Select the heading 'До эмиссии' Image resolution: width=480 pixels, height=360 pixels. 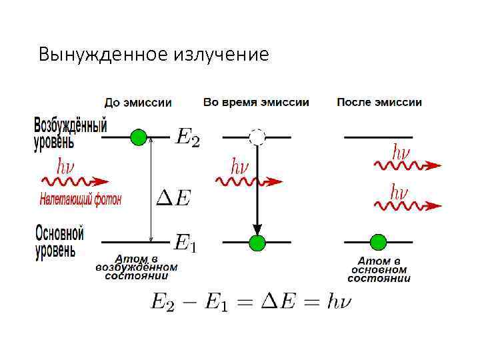(138, 103)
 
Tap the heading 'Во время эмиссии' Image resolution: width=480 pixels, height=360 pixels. (256, 103)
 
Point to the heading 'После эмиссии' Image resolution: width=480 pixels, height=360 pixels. (379, 103)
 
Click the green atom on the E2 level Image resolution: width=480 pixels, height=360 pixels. (138, 137)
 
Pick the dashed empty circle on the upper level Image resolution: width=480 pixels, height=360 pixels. (257, 137)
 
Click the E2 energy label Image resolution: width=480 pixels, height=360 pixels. (187, 138)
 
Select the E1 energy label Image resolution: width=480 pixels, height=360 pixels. (185, 242)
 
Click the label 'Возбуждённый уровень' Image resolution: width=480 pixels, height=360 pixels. (70, 133)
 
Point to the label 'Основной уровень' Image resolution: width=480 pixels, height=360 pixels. (59, 241)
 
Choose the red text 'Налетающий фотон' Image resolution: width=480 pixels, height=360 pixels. (81, 199)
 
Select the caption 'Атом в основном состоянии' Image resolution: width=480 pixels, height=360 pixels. (379, 269)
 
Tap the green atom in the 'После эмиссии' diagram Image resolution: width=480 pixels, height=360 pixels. (378, 241)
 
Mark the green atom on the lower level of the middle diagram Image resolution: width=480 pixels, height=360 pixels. (257, 242)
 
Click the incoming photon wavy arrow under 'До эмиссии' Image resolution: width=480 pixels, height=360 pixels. (75, 181)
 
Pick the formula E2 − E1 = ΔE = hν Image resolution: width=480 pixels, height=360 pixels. (251, 302)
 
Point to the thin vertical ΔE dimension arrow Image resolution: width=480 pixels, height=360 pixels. (152, 190)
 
